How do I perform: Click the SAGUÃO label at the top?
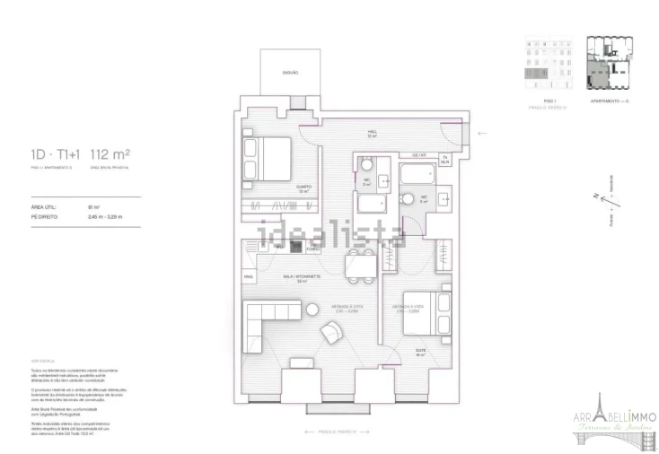pyautogui.click(x=289, y=72)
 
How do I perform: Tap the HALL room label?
pyautogui.click(x=371, y=134)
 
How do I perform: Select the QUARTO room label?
pyautogui.click(x=303, y=189)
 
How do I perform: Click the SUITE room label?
pyautogui.click(x=419, y=353)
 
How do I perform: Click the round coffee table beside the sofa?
pyautogui.click(x=312, y=310)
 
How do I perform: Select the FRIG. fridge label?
pyautogui.click(x=249, y=277)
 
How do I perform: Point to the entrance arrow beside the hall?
pyautogui.click(x=482, y=133)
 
